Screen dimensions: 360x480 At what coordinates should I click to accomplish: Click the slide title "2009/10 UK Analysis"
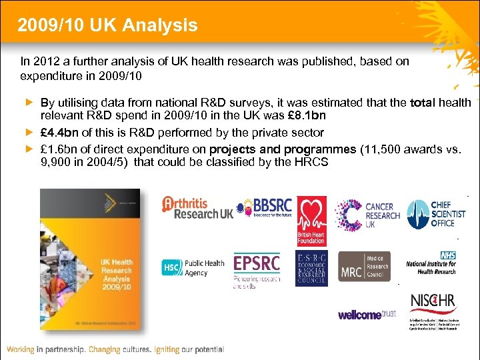[x=108, y=25]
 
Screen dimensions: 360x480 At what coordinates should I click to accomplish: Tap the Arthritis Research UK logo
[x=197, y=208]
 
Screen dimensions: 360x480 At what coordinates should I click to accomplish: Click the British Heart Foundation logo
[x=311, y=221]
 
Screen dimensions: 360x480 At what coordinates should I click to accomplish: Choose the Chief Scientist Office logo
[x=437, y=214]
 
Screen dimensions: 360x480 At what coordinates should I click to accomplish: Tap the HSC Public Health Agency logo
[x=193, y=267]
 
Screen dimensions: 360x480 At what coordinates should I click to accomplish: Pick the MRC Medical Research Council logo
[x=364, y=267]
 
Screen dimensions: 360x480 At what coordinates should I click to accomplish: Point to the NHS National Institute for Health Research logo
[x=432, y=263]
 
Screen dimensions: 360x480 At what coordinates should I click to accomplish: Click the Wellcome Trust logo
[x=367, y=314]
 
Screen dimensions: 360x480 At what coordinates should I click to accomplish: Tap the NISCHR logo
[x=433, y=311]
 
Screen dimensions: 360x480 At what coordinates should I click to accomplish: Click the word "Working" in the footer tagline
[x=27, y=349]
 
